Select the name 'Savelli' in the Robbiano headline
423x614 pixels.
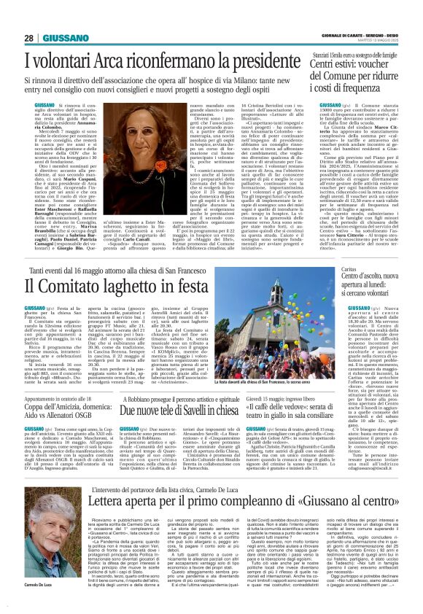point(185,389)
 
